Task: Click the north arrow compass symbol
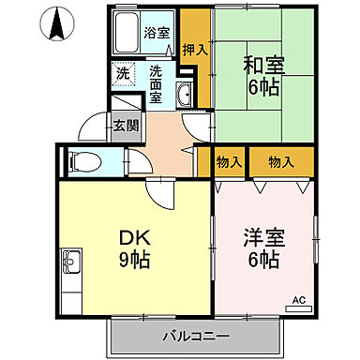[56, 22]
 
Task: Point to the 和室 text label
[263, 67]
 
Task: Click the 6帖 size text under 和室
[263, 89]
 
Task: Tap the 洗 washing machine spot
[124, 72]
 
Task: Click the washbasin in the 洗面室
[184, 94]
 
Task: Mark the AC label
[299, 300]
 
